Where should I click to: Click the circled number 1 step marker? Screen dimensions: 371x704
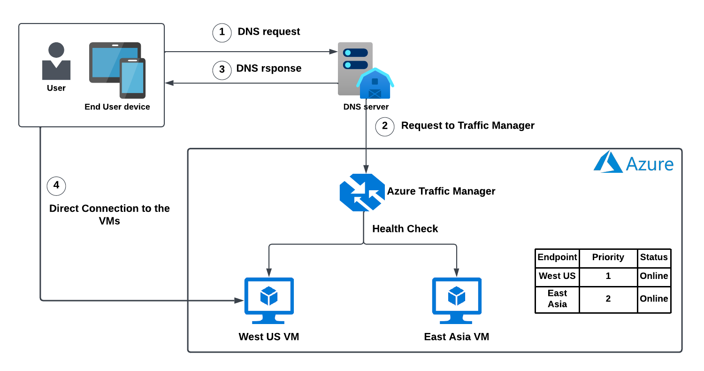coord(222,32)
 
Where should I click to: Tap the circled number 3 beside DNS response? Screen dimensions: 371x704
coord(222,70)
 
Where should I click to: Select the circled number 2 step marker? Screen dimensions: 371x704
coord(385,126)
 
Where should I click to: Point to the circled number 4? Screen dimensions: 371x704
coord(56,186)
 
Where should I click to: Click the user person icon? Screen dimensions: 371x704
coord(56,62)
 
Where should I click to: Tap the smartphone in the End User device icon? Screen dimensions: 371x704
coord(132,78)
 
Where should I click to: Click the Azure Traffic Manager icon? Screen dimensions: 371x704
coord(362,192)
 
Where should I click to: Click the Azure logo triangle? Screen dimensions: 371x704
coord(608,162)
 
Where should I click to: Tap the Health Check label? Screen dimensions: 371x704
coord(405,229)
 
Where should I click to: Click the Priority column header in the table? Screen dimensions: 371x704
coord(608,257)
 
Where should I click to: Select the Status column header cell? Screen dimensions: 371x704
coord(654,257)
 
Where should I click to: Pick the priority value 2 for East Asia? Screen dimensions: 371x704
coord(608,299)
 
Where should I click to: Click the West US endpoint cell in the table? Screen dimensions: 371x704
coord(557,276)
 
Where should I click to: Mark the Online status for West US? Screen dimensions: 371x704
coord(654,276)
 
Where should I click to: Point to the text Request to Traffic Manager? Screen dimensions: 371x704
coord(467,126)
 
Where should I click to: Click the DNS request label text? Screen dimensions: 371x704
coord(269,32)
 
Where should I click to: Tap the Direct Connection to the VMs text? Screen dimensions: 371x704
coord(109,215)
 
